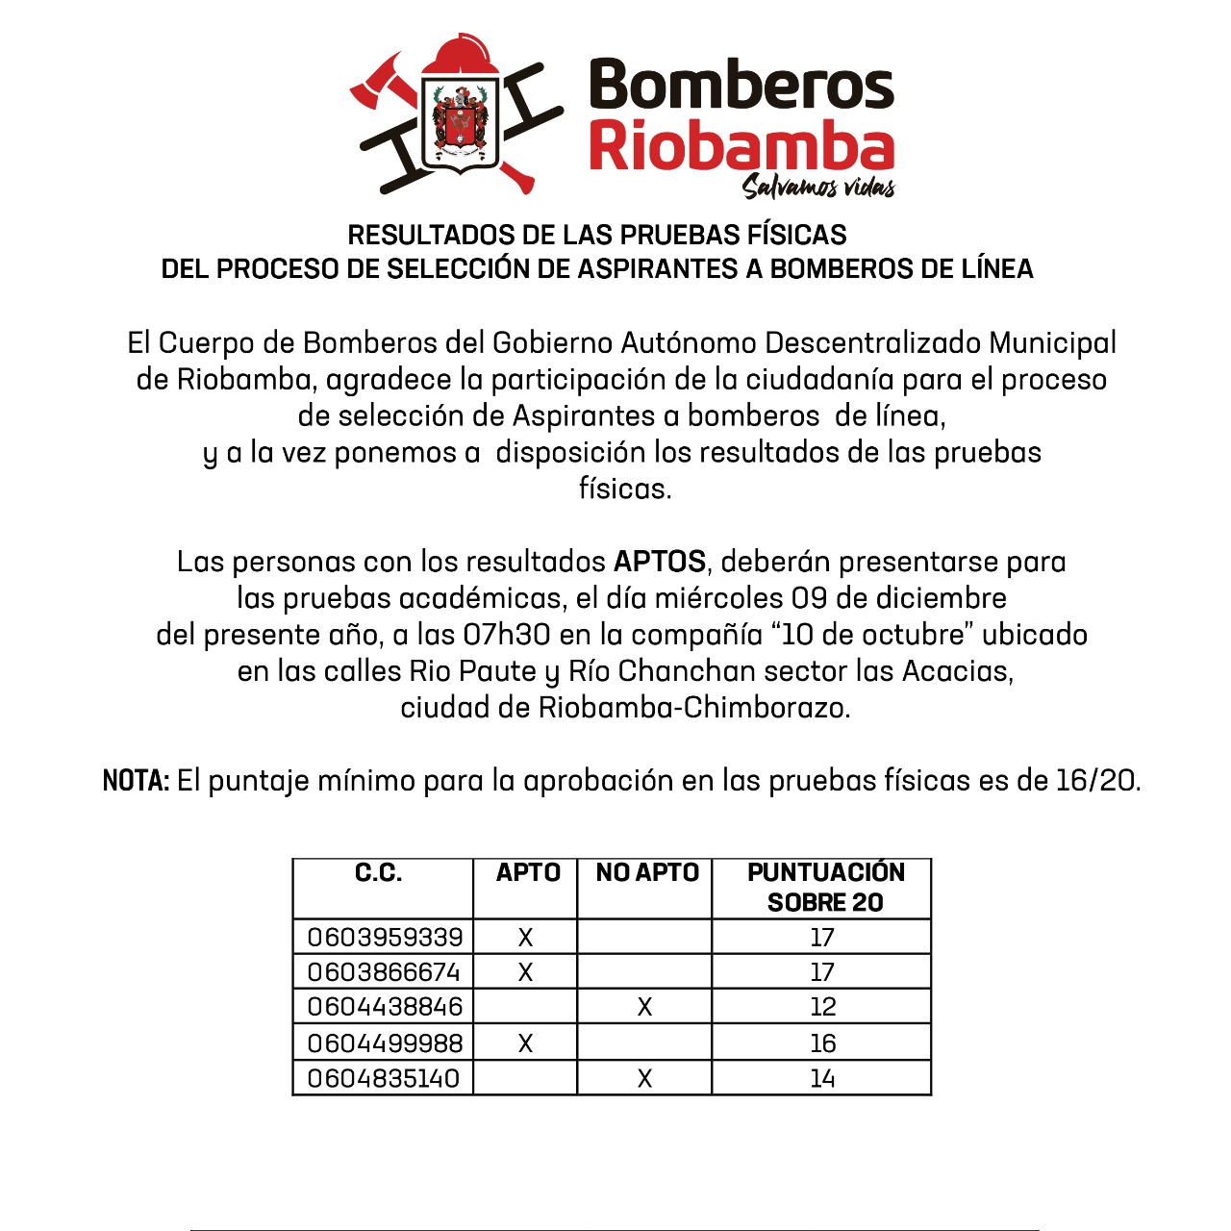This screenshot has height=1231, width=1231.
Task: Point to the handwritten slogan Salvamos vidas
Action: pos(818,186)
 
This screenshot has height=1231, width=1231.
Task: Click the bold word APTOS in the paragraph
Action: pos(660,562)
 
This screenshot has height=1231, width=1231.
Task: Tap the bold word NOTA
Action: pos(136,781)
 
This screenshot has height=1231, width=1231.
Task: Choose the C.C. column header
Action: pos(379,873)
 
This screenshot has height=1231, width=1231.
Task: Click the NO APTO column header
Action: pos(647,873)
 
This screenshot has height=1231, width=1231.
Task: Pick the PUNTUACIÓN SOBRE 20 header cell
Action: pos(825,887)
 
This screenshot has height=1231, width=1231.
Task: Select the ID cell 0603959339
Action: pos(385,937)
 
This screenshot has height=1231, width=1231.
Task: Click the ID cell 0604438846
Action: pos(385,1007)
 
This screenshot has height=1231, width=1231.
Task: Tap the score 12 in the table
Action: pos(823,1007)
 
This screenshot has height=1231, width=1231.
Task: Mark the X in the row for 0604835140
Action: pos(644,1079)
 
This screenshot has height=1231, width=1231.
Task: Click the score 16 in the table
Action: pos(823,1043)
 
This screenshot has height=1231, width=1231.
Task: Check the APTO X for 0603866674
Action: pos(525,972)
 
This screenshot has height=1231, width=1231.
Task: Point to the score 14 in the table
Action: pos(822,1079)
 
